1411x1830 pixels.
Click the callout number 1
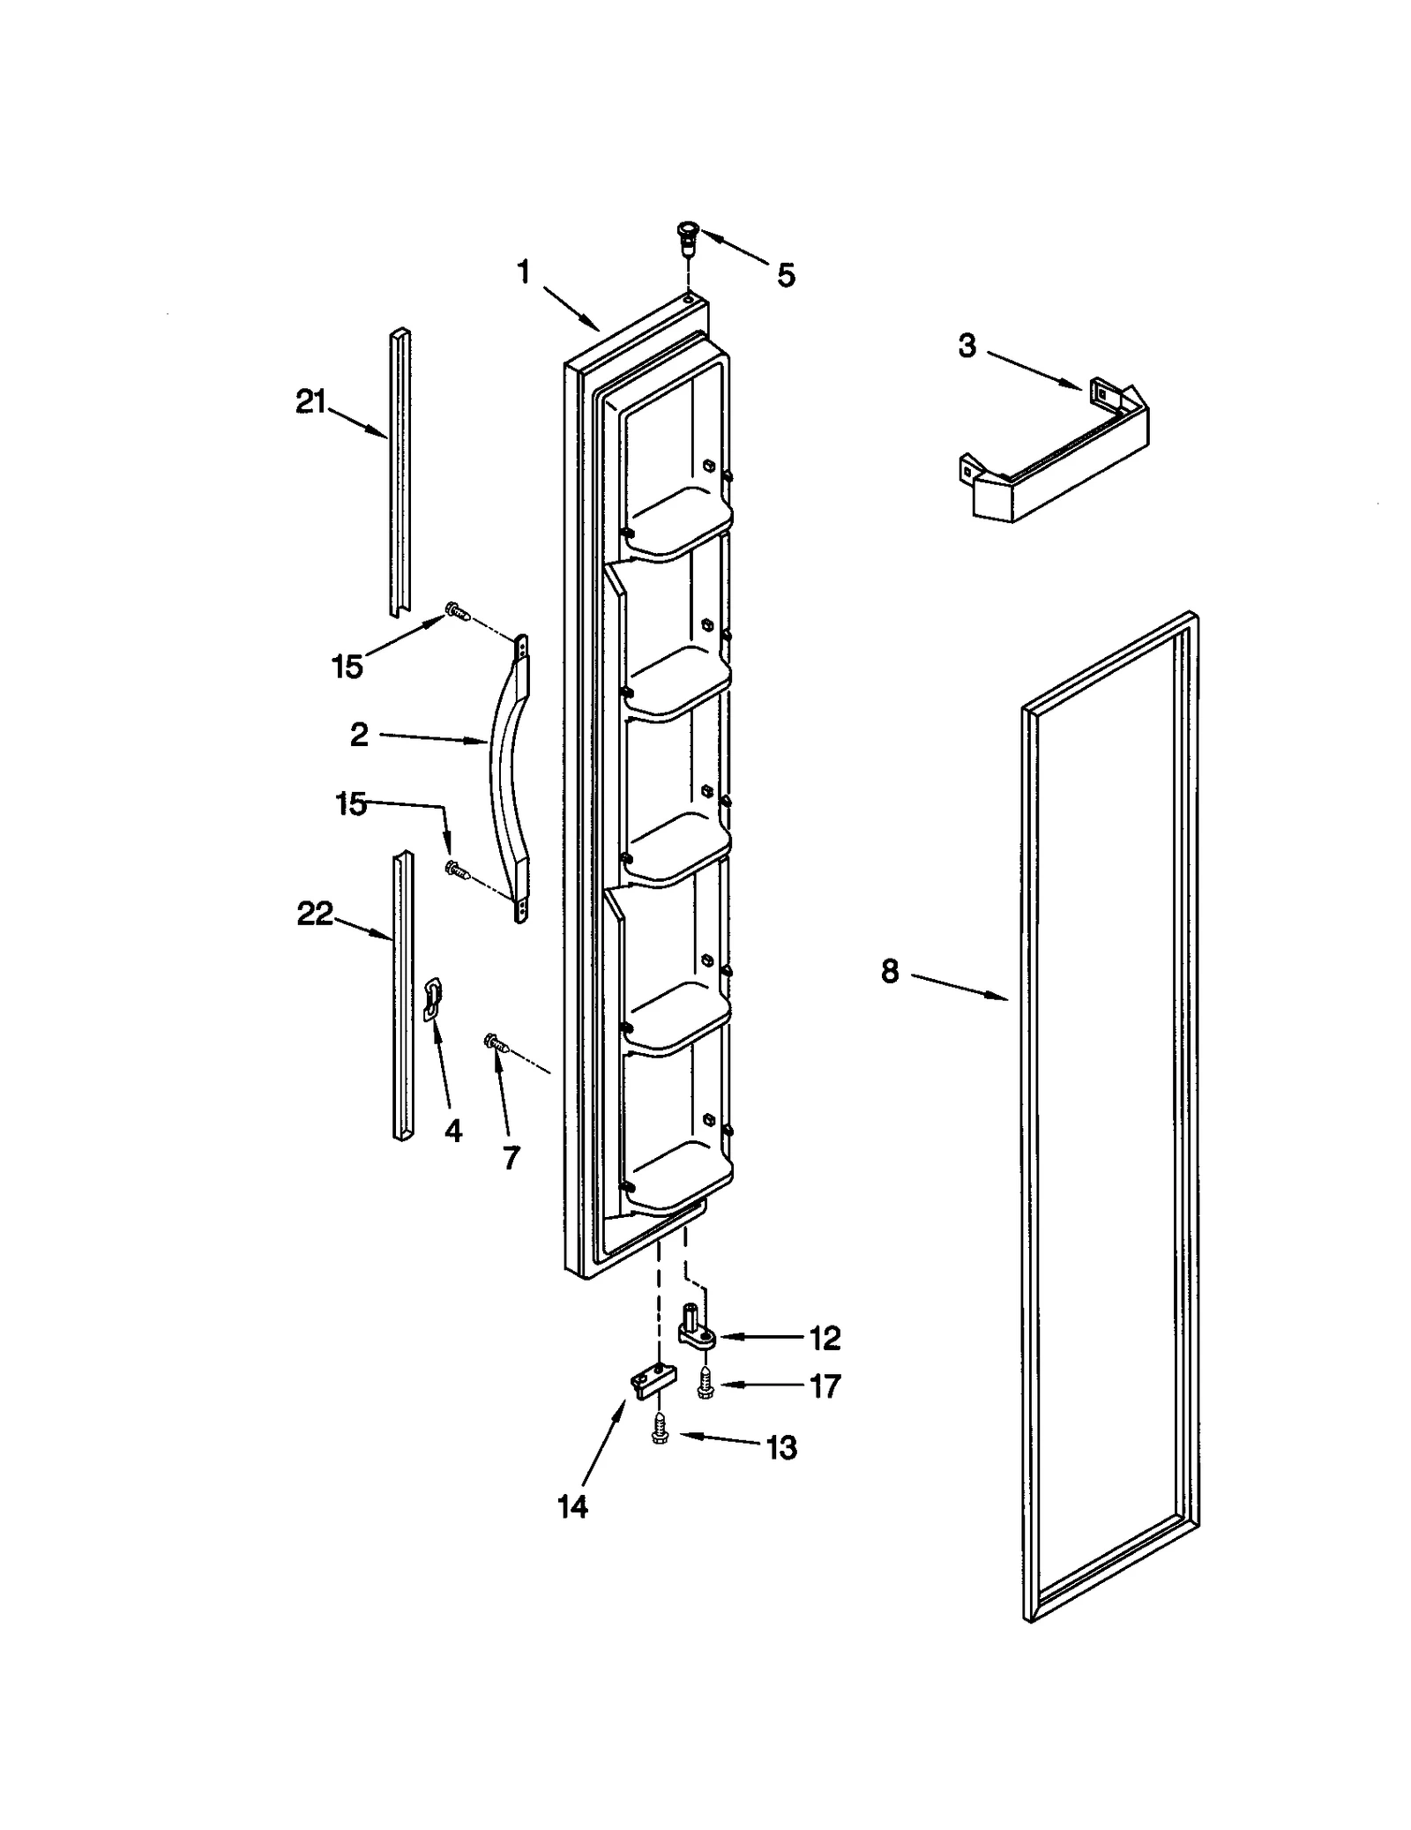click(523, 273)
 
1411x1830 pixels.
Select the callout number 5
click(785, 275)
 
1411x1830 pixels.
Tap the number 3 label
click(967, 347)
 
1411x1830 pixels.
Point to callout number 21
click(310, 404)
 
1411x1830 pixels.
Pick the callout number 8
click(889, 972)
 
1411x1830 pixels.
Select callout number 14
click(572, 1507)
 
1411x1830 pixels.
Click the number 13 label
click(781, 1447)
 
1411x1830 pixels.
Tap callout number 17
click(825, 1386)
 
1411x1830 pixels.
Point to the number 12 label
click(825, 1339)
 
